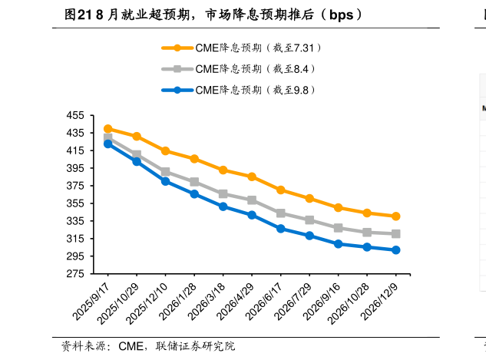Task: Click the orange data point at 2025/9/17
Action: (x=107, y=129)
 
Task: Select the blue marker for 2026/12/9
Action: (x=396, y=250)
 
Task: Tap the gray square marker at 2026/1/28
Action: (x=194, y=182)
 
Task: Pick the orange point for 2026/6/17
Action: (x=281, y=190)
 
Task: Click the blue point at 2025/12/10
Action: (x=165, y=181)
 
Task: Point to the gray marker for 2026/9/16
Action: (x=339, y=228)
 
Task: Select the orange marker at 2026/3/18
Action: (x=223, y=170)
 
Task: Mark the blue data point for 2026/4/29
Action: (x=252, y=215)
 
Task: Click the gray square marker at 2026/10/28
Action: (x=367, y=232)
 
